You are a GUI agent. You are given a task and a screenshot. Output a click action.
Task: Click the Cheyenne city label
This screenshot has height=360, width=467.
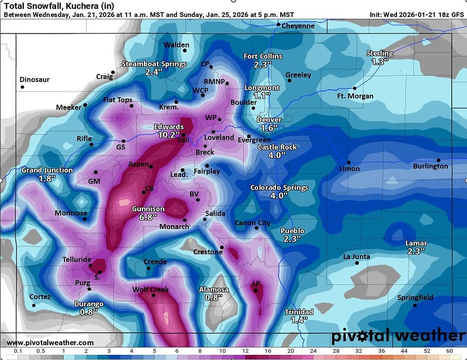click(x=298, y=26)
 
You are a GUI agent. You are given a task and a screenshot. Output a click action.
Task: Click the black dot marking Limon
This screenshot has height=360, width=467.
click(x=348, y=163)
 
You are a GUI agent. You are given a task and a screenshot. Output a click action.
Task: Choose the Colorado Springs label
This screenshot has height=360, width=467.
click(x=279, y=188)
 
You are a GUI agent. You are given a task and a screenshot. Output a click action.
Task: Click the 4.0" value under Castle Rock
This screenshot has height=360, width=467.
click(x=276, y=155)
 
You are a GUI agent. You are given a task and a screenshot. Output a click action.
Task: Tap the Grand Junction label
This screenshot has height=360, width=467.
click(x=47, y=170)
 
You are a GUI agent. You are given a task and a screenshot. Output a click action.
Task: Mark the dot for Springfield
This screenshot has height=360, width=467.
click(x=415, y=305)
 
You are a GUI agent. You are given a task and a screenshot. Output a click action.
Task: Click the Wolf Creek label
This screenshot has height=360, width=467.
click(x=151, y=289)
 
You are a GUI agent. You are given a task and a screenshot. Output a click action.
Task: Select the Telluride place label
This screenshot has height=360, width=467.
click(x=77, y=260)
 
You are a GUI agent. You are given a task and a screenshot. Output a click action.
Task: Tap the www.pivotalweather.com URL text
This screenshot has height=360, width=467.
click(x=50, y=343)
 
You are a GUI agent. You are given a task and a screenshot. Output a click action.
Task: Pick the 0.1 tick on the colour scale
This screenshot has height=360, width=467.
click(x=18, y=351)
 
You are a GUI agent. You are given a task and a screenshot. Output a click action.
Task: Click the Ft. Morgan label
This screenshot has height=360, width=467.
click(x=355, y=96)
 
